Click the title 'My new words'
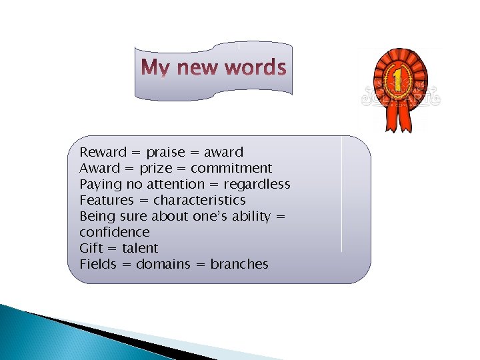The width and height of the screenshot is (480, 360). click(x=214, y=68)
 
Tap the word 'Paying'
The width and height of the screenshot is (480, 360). click(x=101, y=184)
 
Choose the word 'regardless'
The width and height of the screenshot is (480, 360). click(x=257, y=184)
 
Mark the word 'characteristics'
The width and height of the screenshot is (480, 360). click(x=199, y=200)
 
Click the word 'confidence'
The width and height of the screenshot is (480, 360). click(x=115, y=232)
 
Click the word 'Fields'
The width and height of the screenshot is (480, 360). click(x=98, y=264)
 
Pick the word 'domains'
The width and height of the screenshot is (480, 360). click(x=163, y=264)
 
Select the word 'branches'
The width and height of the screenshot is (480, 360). click(x=239, y=264)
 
